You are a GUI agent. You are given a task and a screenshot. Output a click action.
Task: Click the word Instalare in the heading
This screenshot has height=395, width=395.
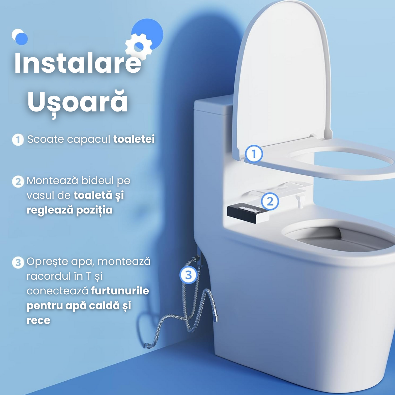click(78, 64)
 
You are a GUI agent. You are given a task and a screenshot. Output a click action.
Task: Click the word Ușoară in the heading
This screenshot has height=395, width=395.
click(78, 102)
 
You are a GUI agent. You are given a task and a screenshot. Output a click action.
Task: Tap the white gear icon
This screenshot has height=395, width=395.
click(139, 46)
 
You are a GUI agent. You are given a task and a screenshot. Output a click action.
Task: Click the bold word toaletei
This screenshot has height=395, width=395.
click(134, 139)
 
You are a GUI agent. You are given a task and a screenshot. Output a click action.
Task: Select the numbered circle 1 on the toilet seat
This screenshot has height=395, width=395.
click(254, 154)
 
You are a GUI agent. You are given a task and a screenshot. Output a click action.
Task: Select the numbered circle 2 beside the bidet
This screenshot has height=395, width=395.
click(270, 201)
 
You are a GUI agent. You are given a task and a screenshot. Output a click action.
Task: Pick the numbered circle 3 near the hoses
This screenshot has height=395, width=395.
click(188, 275)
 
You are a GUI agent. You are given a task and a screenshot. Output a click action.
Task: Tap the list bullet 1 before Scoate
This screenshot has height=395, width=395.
click(18, 140)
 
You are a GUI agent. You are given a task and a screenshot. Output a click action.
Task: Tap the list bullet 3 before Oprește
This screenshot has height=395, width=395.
click(18, 262)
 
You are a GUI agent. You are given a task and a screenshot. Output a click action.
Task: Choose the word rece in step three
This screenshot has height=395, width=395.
click(38, 320)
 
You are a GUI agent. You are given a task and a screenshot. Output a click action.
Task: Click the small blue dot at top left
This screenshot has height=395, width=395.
click(21, 39)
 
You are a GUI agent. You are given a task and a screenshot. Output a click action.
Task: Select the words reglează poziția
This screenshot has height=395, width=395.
click(69, 210)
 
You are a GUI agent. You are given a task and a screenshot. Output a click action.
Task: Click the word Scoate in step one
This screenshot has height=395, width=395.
click(45, 139)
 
